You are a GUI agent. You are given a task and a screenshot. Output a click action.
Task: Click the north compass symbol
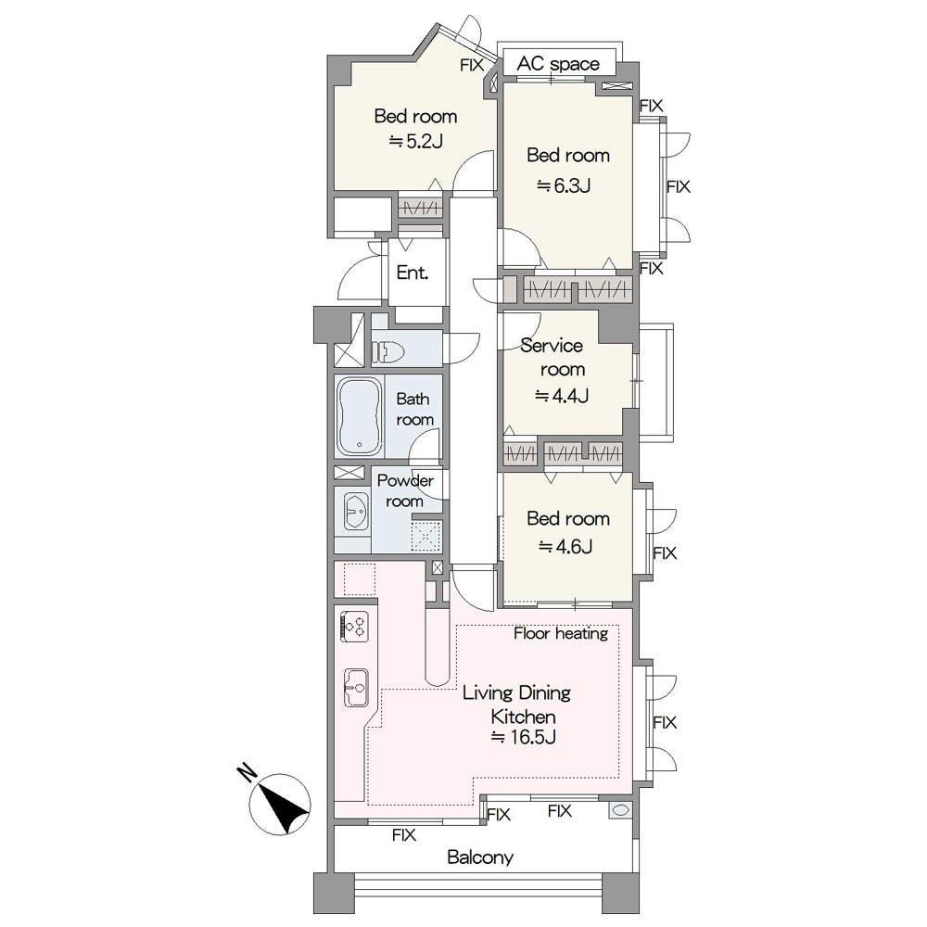pyautogui.click(x=280, y=804)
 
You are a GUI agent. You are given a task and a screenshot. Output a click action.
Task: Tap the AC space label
pyautogui.click(x=558, y=63)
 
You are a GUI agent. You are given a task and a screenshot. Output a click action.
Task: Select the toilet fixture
pyautogui.click(x=387, y=353)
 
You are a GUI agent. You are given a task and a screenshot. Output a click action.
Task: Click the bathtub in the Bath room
pyautogui.click(x=359, y=416)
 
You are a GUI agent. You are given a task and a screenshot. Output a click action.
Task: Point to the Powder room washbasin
pyautogui.click(x=355, y=511)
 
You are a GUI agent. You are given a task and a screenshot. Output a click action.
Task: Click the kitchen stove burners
pyautogui.click(x=355, y=627)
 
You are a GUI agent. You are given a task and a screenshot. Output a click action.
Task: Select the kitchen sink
pyautogui.click(x=356, y=688)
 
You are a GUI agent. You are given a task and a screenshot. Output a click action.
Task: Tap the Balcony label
pyautogui.click(x=480, y=857)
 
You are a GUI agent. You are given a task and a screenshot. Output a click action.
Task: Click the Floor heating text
pyautogui.click(x=561, y=633)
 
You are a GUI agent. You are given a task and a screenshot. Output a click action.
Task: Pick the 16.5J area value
pyautogui.click(x=524, y=737)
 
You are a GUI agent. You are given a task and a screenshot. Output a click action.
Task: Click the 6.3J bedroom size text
pyautogui.click(x=564, y=185)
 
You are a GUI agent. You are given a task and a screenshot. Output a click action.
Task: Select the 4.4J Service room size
pyautogui.click(x=562, y=395)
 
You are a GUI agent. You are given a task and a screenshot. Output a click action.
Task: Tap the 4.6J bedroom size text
pyautogui.click(x=565, y=546)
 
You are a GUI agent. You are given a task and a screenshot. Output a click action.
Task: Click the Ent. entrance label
pyautogui.click(x=413, y=273)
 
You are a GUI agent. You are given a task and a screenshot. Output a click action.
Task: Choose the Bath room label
pyautogui.click(x=413, y=409)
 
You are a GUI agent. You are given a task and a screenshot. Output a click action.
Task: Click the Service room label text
pyautogui.click(x=552, y=357)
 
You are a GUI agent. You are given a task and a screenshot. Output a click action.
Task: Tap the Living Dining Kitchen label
pyautogui.click(x=517, y=705)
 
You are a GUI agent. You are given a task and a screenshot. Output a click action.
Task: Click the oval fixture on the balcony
pyautogui.click(x=619, y=810)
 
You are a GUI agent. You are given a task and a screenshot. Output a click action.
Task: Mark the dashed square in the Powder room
pyautogui.click(x=425, y=536)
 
